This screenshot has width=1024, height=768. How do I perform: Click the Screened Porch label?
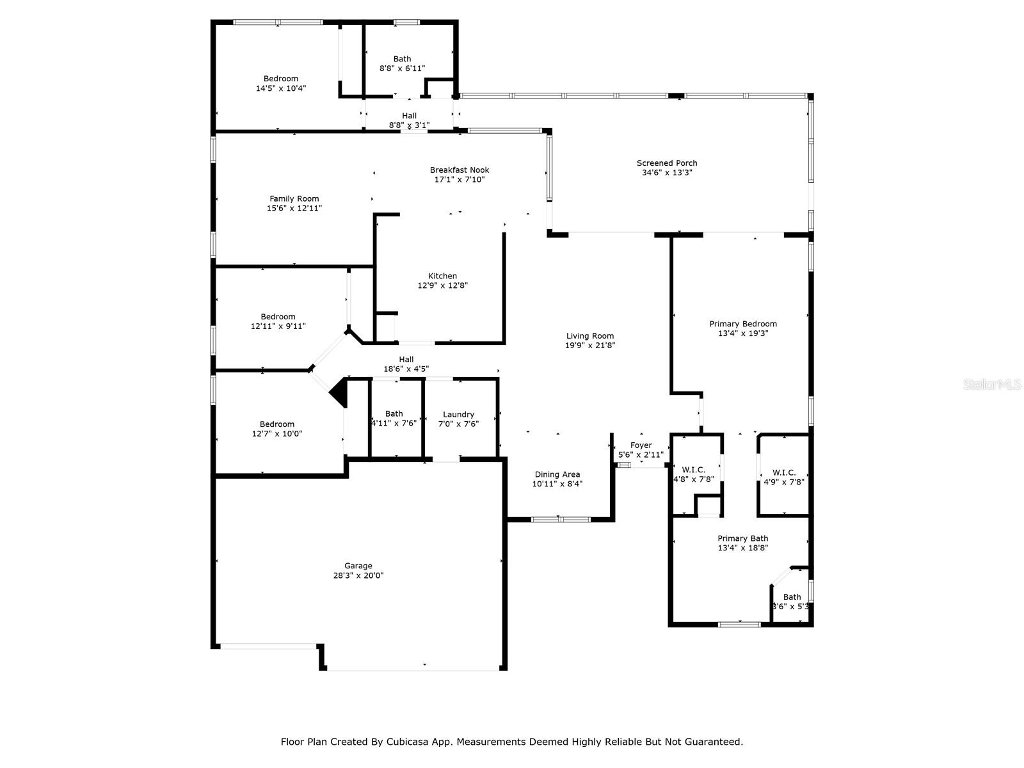(x=667, y=163)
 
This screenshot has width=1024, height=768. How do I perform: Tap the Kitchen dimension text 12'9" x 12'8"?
(x=442, y=286)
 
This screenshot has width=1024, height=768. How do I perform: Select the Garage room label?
(x=358, y=566)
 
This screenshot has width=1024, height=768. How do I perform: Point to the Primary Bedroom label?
(x=742, y=324)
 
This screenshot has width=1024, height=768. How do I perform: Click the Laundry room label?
(x=458, y=414)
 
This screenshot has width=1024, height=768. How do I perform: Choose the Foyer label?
(x=641, y=445)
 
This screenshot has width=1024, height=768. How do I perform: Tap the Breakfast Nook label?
(x=460, y=170)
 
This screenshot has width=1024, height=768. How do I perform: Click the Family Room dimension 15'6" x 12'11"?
(x=294, y=208)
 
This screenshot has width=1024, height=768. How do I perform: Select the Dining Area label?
(x=557, y=475)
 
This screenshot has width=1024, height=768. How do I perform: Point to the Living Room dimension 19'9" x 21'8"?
(x=589, y=346)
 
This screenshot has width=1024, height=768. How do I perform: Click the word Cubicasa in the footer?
(x=408, y=742)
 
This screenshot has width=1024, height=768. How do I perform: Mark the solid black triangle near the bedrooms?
(x=340, y=392)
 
